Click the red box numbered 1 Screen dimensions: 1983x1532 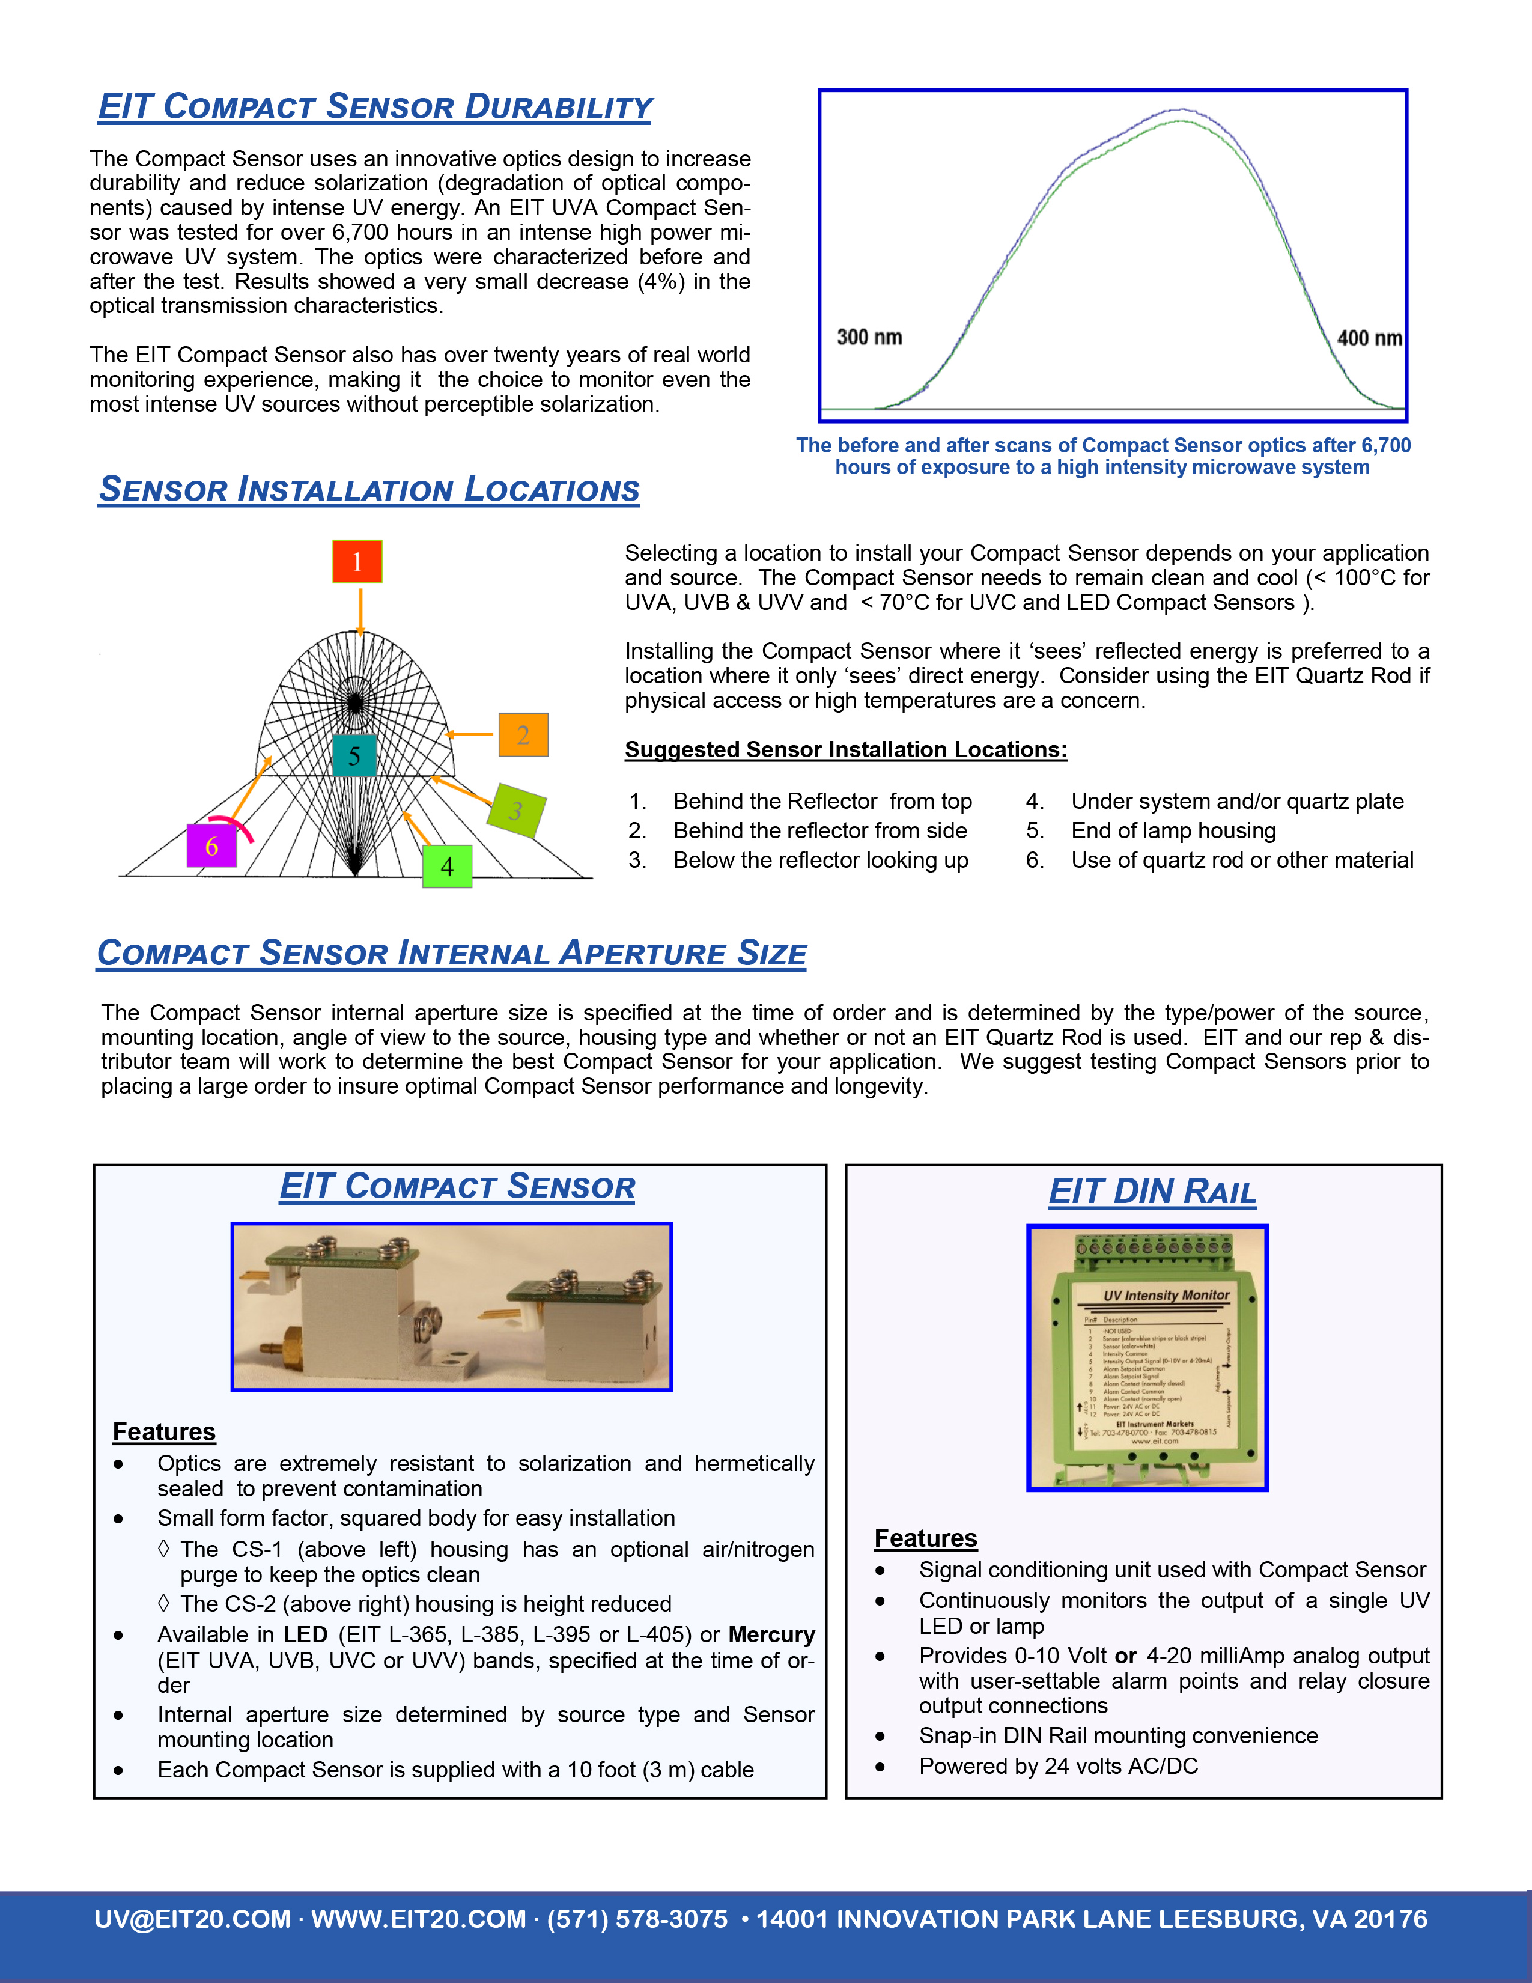pyautogui.click(x=357, y=561)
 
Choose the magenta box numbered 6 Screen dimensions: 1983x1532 pyautogui.click(x=211, y=845)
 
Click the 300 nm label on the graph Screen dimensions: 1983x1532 pyautogui.click(x=869, y=337)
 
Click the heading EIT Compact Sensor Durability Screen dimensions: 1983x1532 pyautogui.click(x=375, y=106)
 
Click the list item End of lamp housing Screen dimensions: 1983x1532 pyautogui.click(x=1173, y=831)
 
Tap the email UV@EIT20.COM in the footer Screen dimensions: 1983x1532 pyautogui.click(x=192, y=1919)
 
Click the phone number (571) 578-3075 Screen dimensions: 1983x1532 pyautogui.click(x=637, y=1919)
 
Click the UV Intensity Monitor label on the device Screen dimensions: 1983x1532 pyautogui.click(x=1166, y=1295)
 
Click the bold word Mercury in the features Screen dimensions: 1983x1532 pyautogui.click(x=771, y=1634)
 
